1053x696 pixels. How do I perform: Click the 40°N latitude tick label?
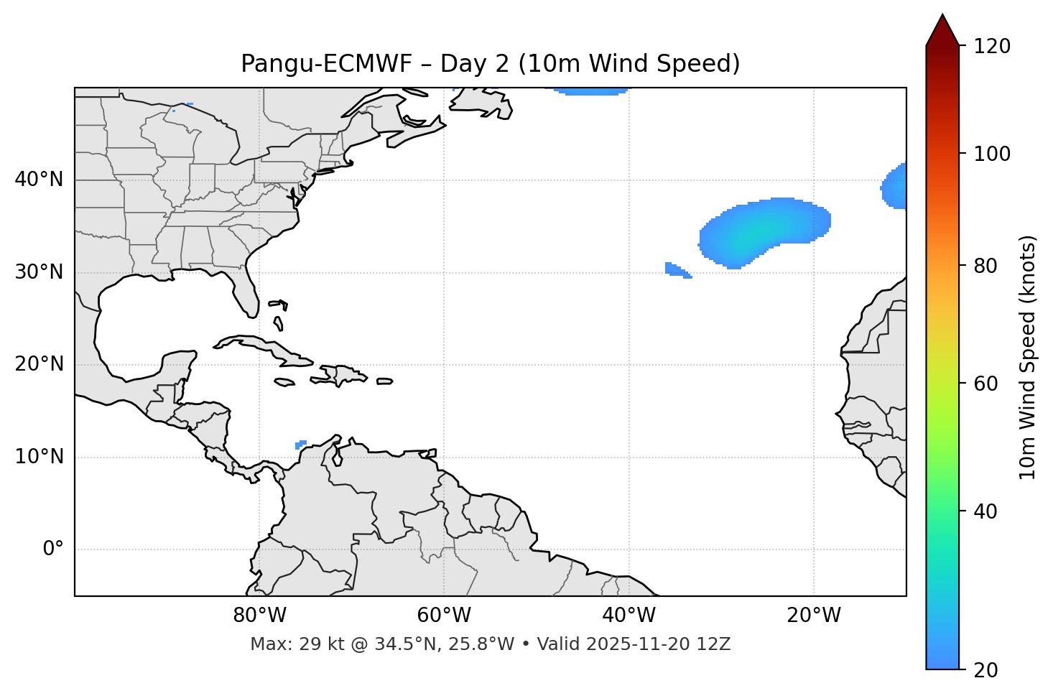[x=39, y=180]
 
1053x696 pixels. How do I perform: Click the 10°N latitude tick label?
[x=39, y=457]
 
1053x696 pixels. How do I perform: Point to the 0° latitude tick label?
[x=52, y=549]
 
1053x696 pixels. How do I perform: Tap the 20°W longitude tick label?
[x=813, y=616]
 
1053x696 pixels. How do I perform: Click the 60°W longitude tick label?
[x=443, y=616]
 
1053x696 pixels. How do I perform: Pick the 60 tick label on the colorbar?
[x=985, y=384]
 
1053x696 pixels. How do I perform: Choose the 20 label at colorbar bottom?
[x=985, y=670]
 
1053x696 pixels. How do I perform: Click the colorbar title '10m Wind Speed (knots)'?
[x=1028, y=358]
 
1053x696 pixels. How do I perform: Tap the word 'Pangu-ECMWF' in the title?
[x=326, y=64]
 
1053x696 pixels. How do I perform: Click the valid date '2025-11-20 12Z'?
[x=658, y=644]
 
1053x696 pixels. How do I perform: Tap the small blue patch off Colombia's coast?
[x=301, y=445]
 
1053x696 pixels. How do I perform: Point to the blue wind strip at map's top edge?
[x=590, y=91]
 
